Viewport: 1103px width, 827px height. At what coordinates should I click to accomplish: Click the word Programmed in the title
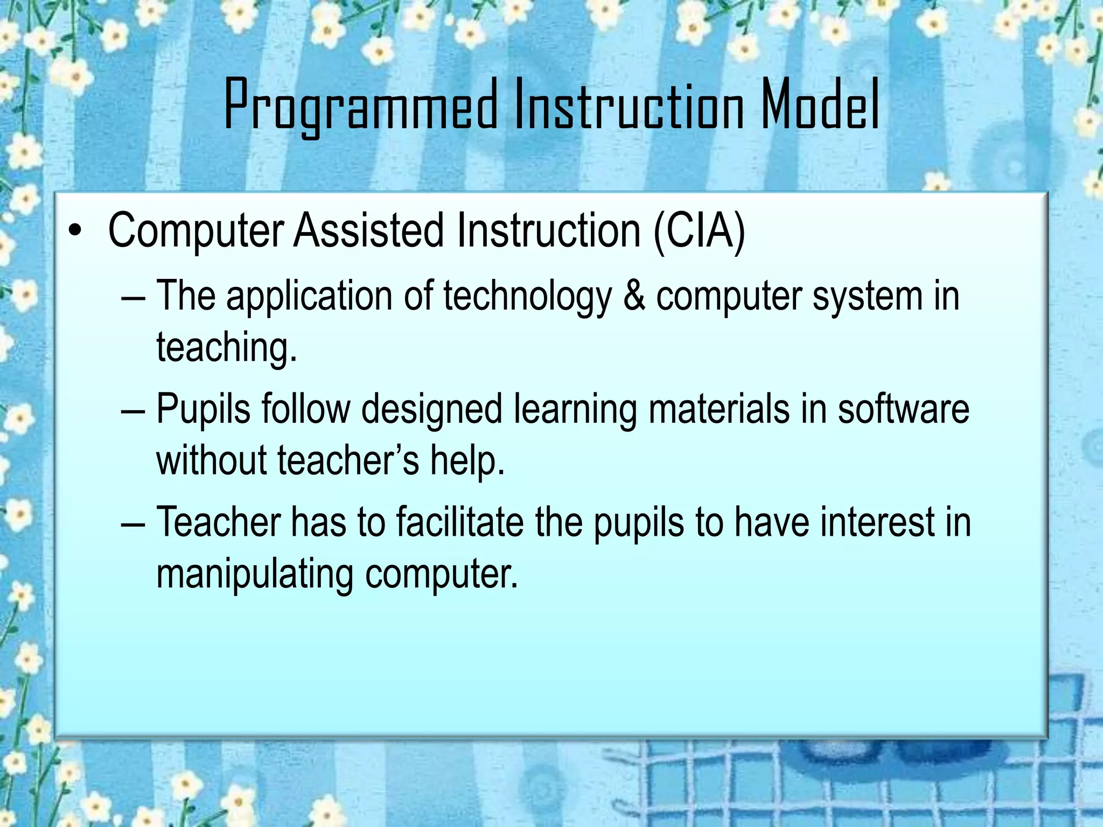click(x=361, y=105)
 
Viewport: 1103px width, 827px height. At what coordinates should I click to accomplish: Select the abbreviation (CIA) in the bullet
click(x=699, y=231)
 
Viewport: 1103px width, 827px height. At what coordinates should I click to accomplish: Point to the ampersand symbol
click(x=634, y=297)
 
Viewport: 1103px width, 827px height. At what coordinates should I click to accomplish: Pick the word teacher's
click(x=348, y=461)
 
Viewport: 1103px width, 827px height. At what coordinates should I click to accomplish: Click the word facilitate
click(x=460, y=522)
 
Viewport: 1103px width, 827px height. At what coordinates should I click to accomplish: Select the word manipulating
click(x=255, y=575)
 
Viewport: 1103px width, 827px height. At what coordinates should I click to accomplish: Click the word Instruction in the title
click(x=629, y=105)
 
